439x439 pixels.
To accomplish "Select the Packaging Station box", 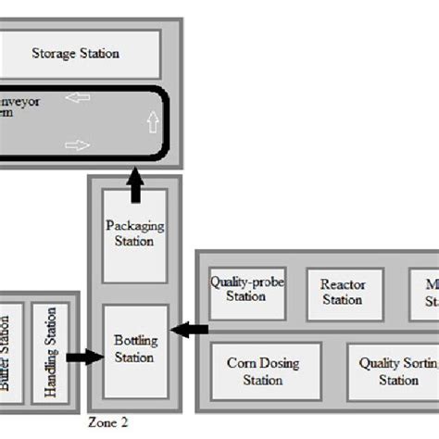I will pyautogui.click(x=134, y=235).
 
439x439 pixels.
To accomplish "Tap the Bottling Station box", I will pyautogui.click(x=134, y=348).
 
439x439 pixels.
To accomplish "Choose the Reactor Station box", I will pyautogui.click(x=341, y=292).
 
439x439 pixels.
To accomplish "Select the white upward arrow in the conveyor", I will pyautogui.click(x=153, y=121).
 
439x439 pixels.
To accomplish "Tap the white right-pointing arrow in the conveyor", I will pyautogui.click(x=78, y=144).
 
